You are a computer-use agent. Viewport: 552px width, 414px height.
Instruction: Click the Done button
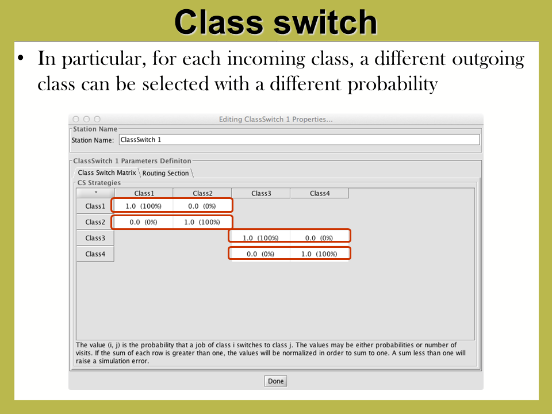(275, 381)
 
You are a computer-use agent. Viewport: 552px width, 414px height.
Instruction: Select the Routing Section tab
(166, 173)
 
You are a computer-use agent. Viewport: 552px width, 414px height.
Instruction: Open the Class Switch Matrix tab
(107, 172)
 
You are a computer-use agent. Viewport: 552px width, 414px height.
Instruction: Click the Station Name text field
(299, 140)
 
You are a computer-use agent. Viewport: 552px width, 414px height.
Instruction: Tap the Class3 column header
(261, 193)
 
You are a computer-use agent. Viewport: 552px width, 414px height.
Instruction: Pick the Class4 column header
(320, 193)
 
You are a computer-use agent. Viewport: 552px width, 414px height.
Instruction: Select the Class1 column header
(144, 193)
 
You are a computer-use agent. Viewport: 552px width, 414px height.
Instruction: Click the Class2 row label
(95, 222)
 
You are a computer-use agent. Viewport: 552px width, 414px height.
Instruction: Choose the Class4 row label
(95, 254)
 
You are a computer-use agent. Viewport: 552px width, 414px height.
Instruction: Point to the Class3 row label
(95, 238)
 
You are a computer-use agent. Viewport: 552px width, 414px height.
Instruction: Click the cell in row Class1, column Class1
(144, 206)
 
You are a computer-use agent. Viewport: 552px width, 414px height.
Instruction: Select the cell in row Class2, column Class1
(144, 222)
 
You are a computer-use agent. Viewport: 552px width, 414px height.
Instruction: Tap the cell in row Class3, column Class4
(319, 238)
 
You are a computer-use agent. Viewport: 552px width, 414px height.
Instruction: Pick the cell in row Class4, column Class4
(319, 254)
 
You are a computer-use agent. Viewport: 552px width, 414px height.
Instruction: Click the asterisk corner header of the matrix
(95, 193)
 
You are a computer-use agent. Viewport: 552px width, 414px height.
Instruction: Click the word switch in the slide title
(325, 22)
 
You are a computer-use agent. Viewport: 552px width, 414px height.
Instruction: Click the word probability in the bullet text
(393, 85)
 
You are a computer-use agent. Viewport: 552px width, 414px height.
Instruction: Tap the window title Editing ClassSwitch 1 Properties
(275, 120)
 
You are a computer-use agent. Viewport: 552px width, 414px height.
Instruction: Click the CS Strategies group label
(99, 183)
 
